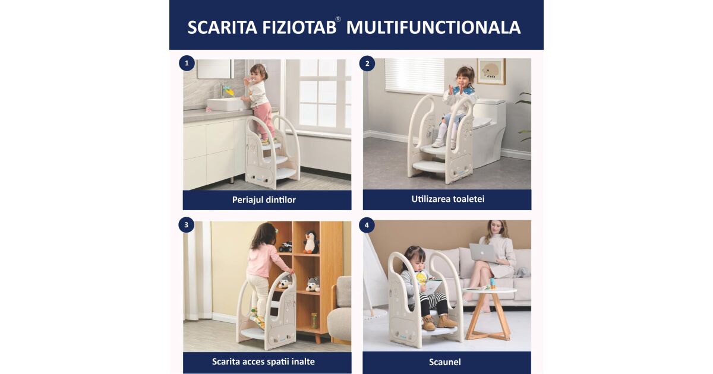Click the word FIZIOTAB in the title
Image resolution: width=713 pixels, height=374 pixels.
pos(299,27)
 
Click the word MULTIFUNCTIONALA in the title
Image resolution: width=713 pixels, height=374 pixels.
pos(433,27)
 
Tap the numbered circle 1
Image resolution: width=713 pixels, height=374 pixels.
pos(187,63)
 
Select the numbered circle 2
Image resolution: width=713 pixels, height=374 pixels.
pos(367,64)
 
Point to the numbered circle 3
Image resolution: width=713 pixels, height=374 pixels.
pos(187,225)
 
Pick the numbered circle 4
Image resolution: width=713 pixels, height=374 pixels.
pos(367,225)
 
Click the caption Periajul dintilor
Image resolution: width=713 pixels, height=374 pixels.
pos(264,199)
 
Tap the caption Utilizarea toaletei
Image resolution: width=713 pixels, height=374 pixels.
pos(448,199)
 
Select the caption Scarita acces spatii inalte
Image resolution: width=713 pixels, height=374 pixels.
pos(263,362)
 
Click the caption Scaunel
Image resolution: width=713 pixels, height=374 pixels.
pos(444,362)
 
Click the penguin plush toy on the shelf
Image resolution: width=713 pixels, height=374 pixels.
pos(311,242)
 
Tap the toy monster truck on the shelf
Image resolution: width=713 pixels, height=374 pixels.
pos(286,246)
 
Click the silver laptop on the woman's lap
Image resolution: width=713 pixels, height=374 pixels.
pos(483,253)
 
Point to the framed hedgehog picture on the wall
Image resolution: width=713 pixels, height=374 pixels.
pos(491,71)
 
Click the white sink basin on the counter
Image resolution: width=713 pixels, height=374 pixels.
pos(226,104)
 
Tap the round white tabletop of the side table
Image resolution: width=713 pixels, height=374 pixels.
pos(489,290)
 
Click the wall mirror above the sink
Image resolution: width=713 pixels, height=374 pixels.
pos(215,69)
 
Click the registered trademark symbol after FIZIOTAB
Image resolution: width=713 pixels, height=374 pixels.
pos(338,20)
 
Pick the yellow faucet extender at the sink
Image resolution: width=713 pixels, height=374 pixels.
pos(229,91)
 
